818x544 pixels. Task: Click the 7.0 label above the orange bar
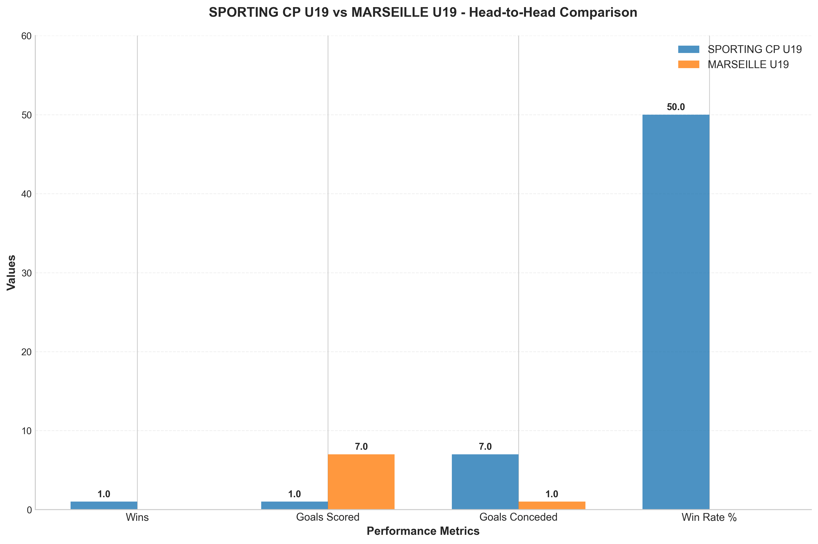[361, 447]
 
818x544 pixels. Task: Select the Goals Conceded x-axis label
[518, 517]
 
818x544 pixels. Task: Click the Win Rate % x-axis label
[709, 517]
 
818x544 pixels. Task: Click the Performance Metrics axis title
[423, 531]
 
